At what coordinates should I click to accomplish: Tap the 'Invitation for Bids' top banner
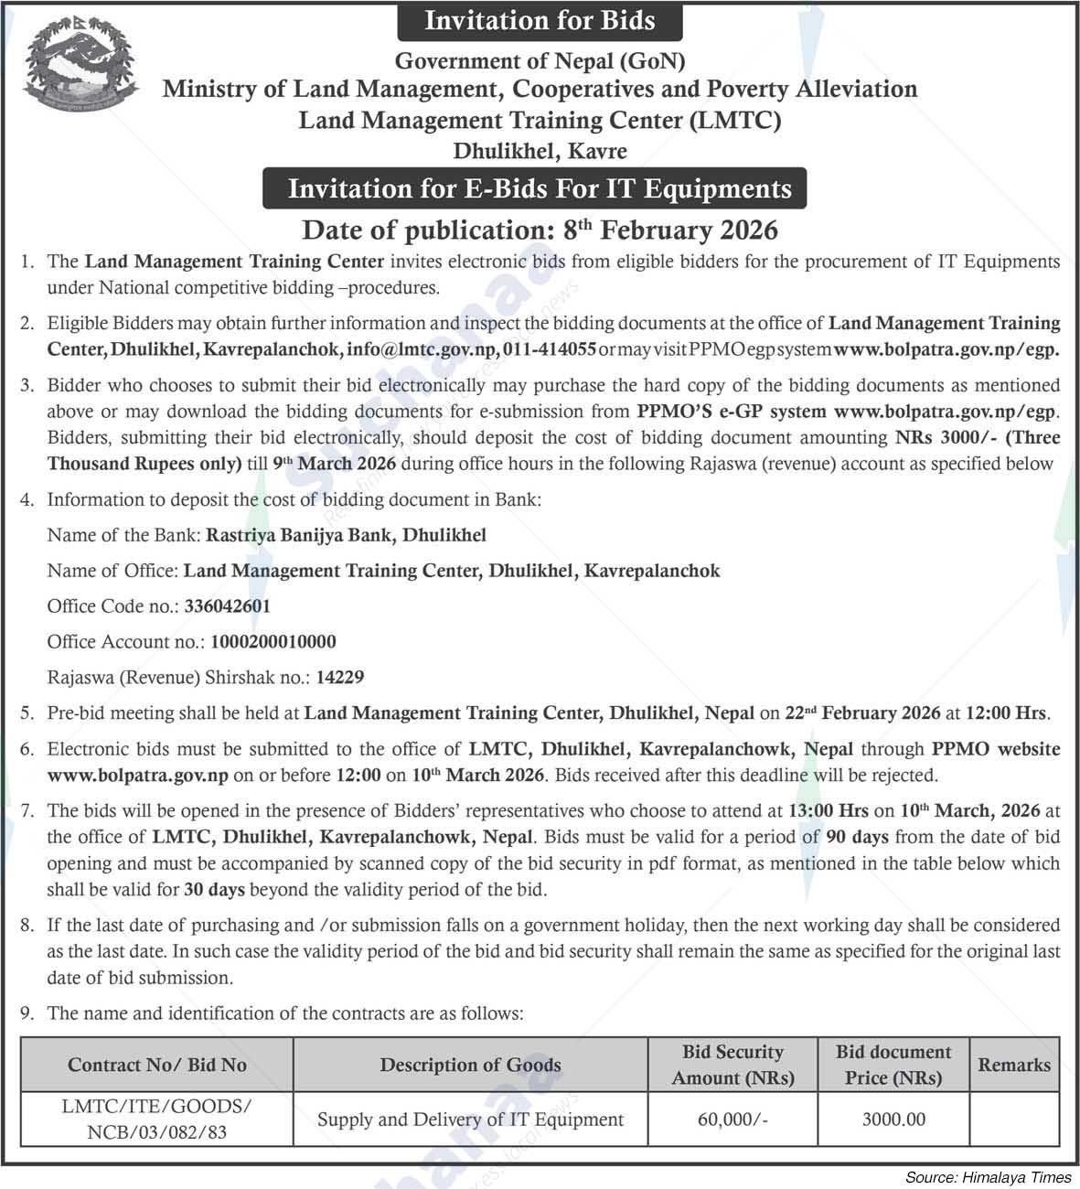pos(540,21)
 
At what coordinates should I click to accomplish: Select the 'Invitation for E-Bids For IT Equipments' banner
pos(540,188)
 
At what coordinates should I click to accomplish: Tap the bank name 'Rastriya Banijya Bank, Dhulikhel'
pos(346,535)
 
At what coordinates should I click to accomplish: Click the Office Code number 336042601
pos(227,606)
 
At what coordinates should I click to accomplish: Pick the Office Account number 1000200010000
pos(273,642)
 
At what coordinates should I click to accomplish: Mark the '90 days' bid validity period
pos(857,836)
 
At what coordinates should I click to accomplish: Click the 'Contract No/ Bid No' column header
pos(157,1065)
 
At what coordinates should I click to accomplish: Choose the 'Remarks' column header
pos(1014,1065)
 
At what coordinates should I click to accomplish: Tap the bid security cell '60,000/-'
pos(732,1119)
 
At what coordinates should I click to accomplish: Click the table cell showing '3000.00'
pos(893,1119)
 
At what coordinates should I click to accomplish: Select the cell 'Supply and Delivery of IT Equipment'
pos(470,1119)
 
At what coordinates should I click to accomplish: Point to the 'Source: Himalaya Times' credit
pos(988,1177)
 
